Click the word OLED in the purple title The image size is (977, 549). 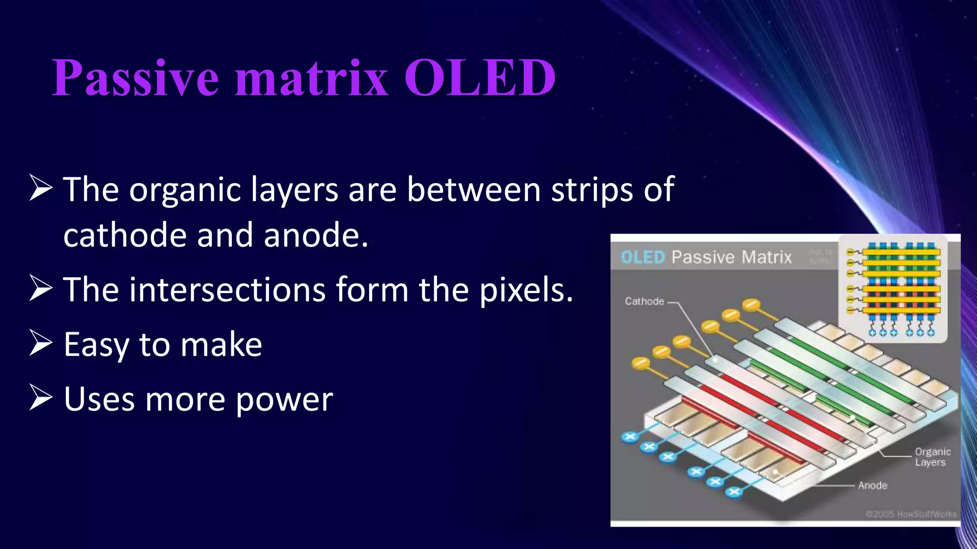click(480, 78)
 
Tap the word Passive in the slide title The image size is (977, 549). click(135, 78)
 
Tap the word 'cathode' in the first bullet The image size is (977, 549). click(125, 235)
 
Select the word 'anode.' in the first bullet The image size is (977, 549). click(316, 235)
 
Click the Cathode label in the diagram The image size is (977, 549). click(644, 301)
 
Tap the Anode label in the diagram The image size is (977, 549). click(873, 485)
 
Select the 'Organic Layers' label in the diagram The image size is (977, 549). click(932, 457)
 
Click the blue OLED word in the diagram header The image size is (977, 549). click(642, 257)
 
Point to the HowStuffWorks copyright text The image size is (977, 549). click(911, 514)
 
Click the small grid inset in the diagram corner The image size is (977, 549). click(893, 288)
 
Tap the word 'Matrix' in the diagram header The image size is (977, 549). click(766, 257)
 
